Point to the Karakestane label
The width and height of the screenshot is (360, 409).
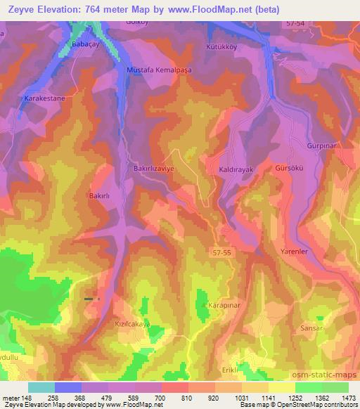pos(45,98)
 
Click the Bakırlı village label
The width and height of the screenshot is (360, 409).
pos(98,196)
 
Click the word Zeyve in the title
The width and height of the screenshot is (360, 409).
pos(21,9)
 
